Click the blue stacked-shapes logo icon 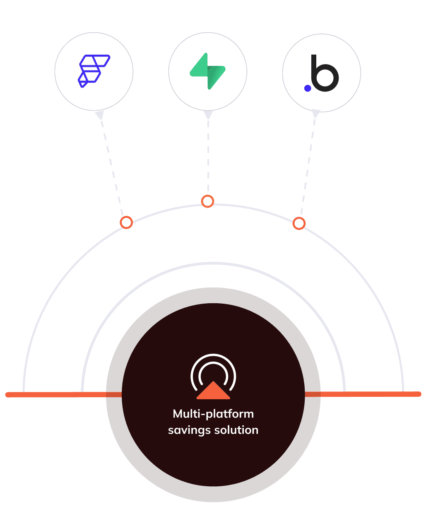pyautogui.click(x=94, y=71)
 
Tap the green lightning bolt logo pyautogui.click(x=208, y=71)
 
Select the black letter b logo pyautogui.click(x=325, y=73)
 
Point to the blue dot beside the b pyautogui.click(x=308, y=88)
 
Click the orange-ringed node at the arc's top pyautogui.click(x=207, y=201)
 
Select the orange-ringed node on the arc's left pyautogui.click(x=126, y=222)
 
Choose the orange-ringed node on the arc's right pyautogui.click(x=299, y=224)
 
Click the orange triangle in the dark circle pyautogui.click(x=213, y=391)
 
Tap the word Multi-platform pyautogui.click(x=213, y=414)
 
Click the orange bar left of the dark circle pyautogui.click(x=62, y=394)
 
